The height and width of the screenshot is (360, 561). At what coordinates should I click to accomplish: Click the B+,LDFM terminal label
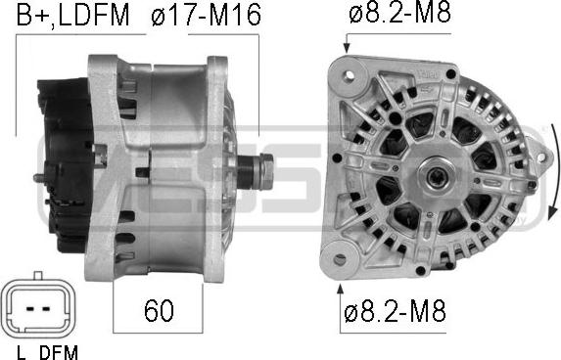[x=73, y=15]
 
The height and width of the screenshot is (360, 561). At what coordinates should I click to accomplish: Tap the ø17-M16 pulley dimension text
[x=206, y=15]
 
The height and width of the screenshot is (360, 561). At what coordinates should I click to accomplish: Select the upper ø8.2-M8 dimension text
[x=399, y=13]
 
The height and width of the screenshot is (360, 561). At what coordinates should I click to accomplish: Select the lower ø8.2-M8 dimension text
[x=395, y=310]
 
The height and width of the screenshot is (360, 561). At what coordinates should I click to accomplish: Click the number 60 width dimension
[x=159, y=310]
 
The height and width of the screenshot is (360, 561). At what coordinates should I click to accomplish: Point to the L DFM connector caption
[x=47, y=352]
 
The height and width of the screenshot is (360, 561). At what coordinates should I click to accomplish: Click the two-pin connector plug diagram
[x=38, y=307]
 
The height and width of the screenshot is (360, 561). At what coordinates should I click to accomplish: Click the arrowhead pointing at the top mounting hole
[x=347, y=48]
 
